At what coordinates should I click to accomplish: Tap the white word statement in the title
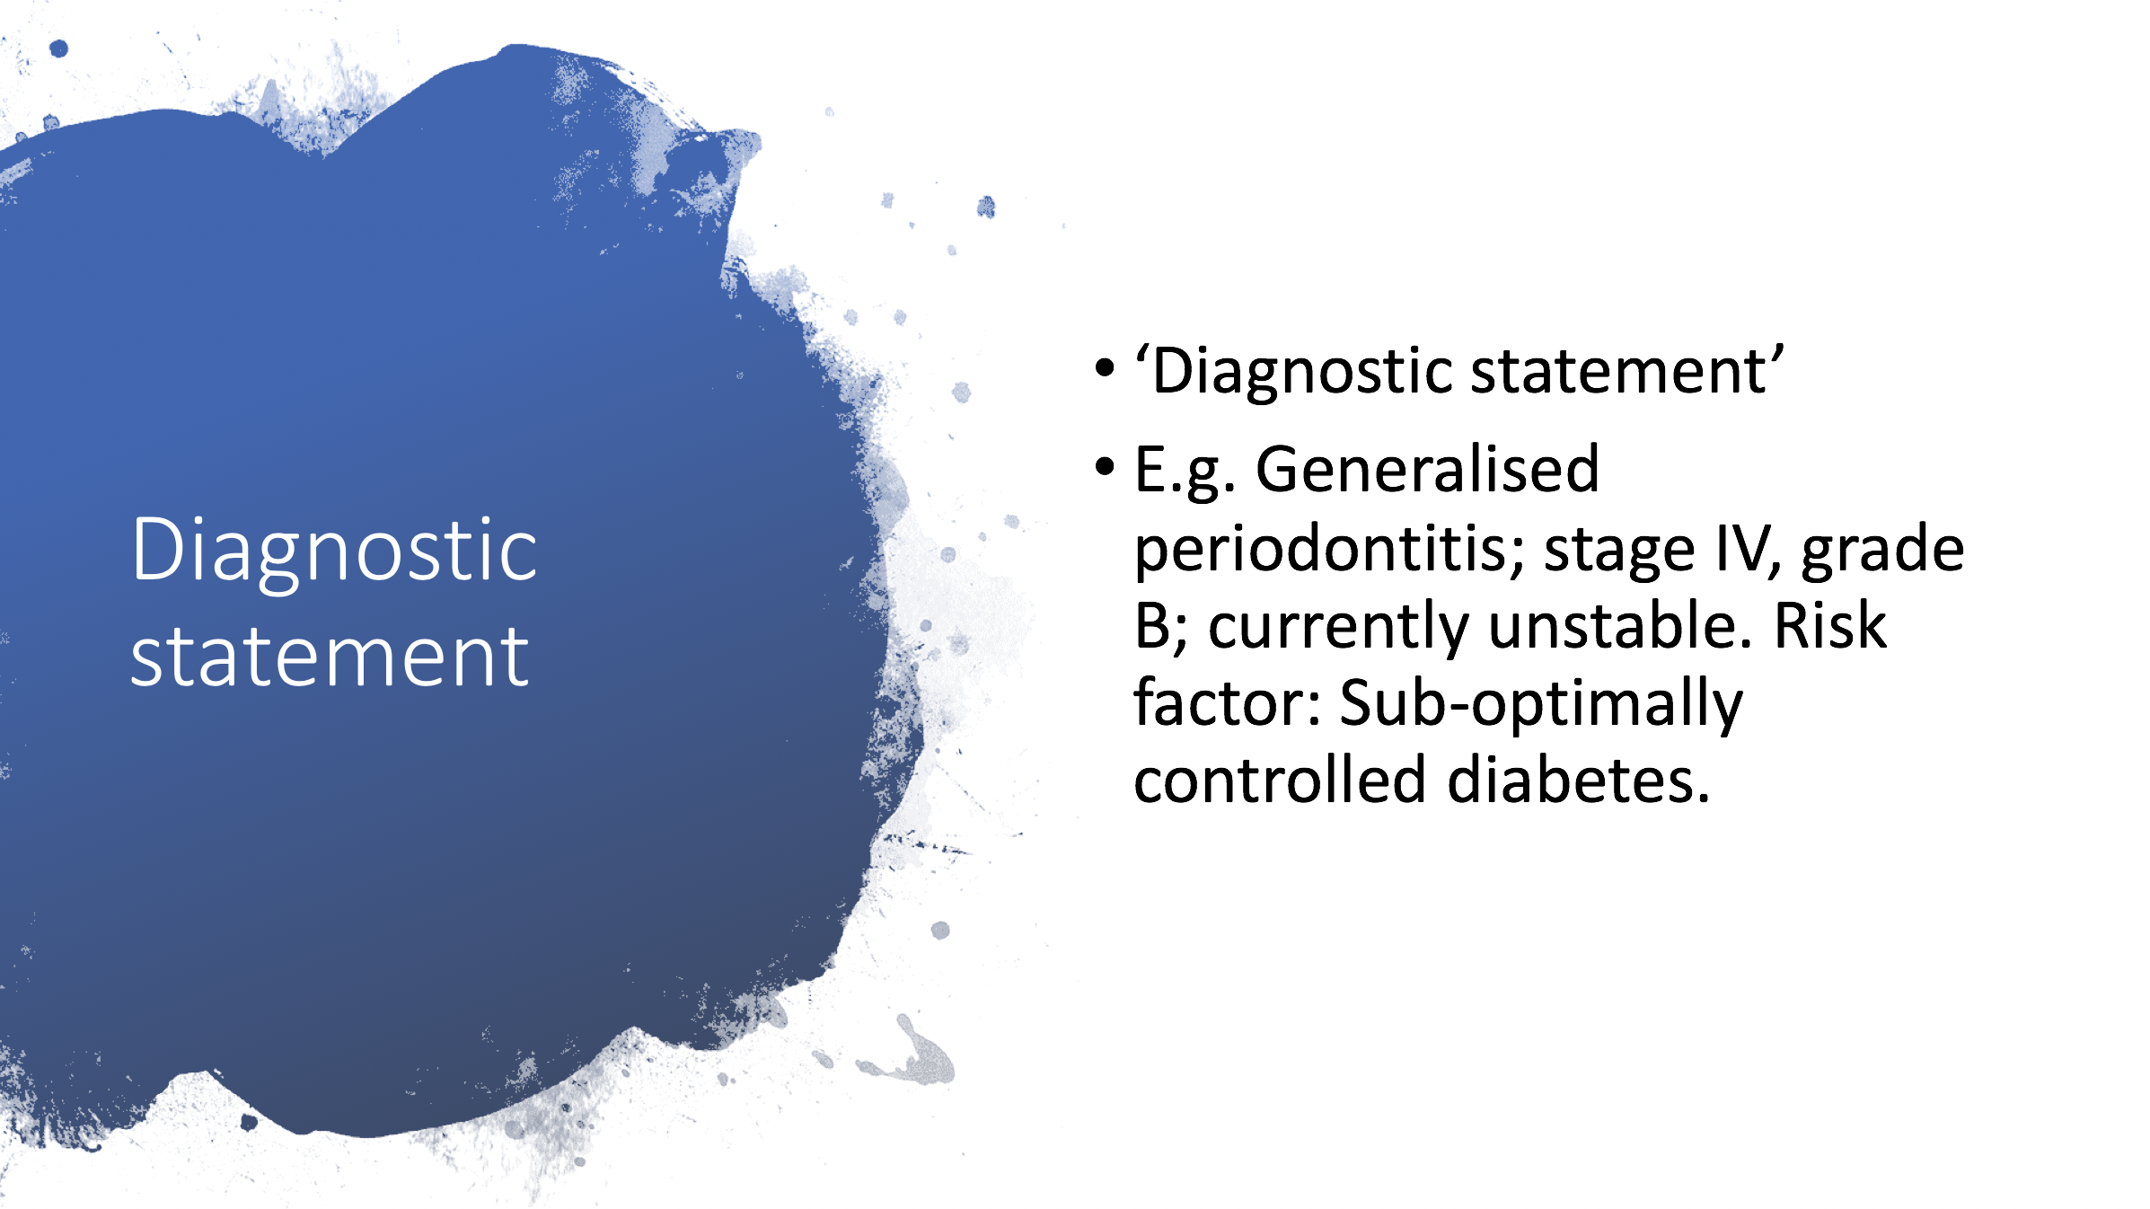point(330,657)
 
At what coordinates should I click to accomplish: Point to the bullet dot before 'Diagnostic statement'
point(1105,367)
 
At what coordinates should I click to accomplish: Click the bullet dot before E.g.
point(1105,465)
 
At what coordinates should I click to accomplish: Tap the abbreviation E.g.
point(1185,472)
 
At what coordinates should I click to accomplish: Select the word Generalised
point(1427,469)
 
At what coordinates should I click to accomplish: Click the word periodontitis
point(1329,550)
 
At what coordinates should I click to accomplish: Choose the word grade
point(1883,550)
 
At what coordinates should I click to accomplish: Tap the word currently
point(1338,629)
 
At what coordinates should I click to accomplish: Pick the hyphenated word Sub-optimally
point(1541,705)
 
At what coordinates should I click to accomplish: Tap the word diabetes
point(1579,779)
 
